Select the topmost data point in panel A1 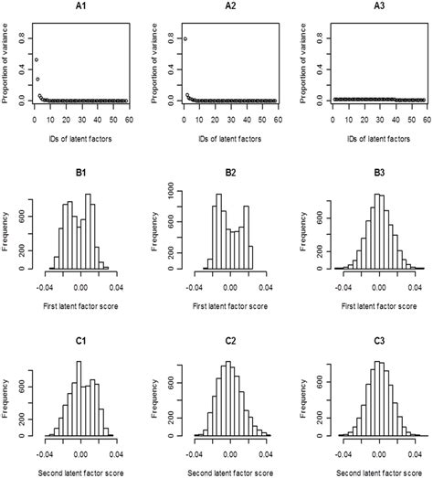36,59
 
